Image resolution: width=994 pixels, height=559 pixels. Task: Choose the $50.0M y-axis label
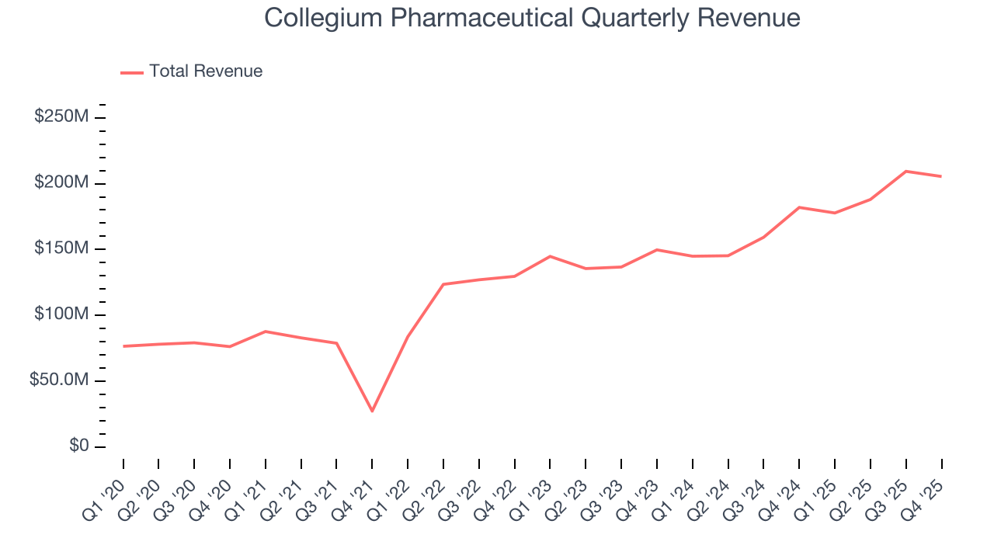click(57, 380)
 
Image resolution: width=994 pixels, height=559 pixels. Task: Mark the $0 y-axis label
click(77, 446)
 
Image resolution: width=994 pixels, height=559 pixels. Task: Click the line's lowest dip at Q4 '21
click(372, 411)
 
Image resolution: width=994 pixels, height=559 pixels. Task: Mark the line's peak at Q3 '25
click(906, 171)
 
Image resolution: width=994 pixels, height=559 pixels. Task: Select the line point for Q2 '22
click(443, 284)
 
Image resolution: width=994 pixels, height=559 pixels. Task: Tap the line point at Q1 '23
click(550, 256)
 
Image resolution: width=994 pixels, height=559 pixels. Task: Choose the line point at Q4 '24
click(799, 207)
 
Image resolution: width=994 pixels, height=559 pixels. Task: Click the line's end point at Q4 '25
click(941, 176)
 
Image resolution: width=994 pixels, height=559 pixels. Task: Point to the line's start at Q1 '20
click(123, 346)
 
